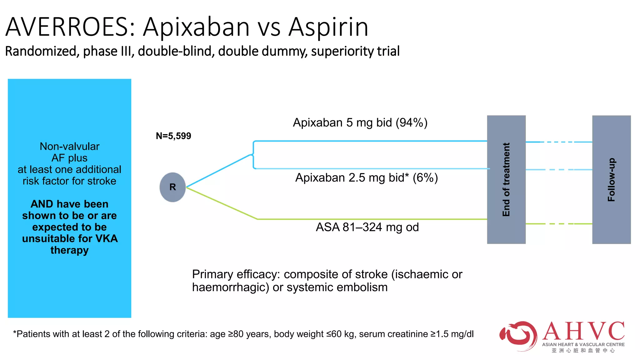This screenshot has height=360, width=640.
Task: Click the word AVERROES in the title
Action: click(x=67, y=27)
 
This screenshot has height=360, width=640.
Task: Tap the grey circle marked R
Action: click(x=172, y=187)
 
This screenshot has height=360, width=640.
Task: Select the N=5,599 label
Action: click(x=173, y=136)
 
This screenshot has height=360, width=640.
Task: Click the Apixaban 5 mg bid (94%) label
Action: click(x=360, y=122)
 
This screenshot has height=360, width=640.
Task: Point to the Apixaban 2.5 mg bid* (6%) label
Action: click(x=366, y=178)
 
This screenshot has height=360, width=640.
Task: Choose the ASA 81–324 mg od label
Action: click(x=367, y=227)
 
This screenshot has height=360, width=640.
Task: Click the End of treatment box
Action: click(x=506, y=179)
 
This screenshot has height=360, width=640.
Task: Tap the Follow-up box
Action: click(x=611, y=179)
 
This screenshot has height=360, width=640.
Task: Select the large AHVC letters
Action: click(x=584, y=331)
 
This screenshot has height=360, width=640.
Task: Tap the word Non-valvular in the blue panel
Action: click(x=69, y=146)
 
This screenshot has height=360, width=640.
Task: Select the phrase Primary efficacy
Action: click(x=236, y=274)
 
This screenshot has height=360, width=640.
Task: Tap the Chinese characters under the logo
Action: click(x=583, y=351)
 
